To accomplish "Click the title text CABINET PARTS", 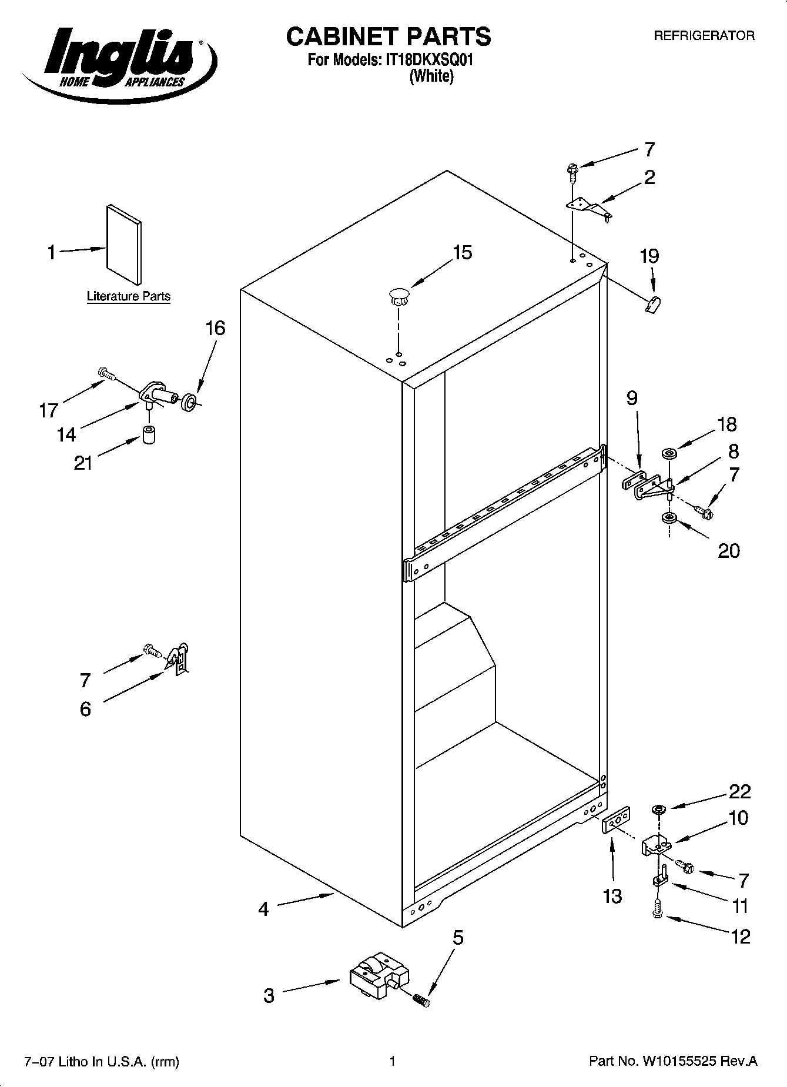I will coord(388,36).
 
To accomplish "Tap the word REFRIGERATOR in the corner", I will coord(704,36).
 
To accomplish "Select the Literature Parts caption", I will coord(129,296).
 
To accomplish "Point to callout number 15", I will coord(462,253).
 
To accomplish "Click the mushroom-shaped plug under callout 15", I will coord(398,296).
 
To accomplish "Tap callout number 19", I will coord(649,256).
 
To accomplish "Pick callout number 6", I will coord(86,709).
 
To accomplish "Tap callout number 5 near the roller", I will coord(458,938).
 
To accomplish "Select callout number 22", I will coord(740,791).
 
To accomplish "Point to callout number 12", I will coord(740,936).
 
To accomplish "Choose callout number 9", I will coord(632,399).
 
